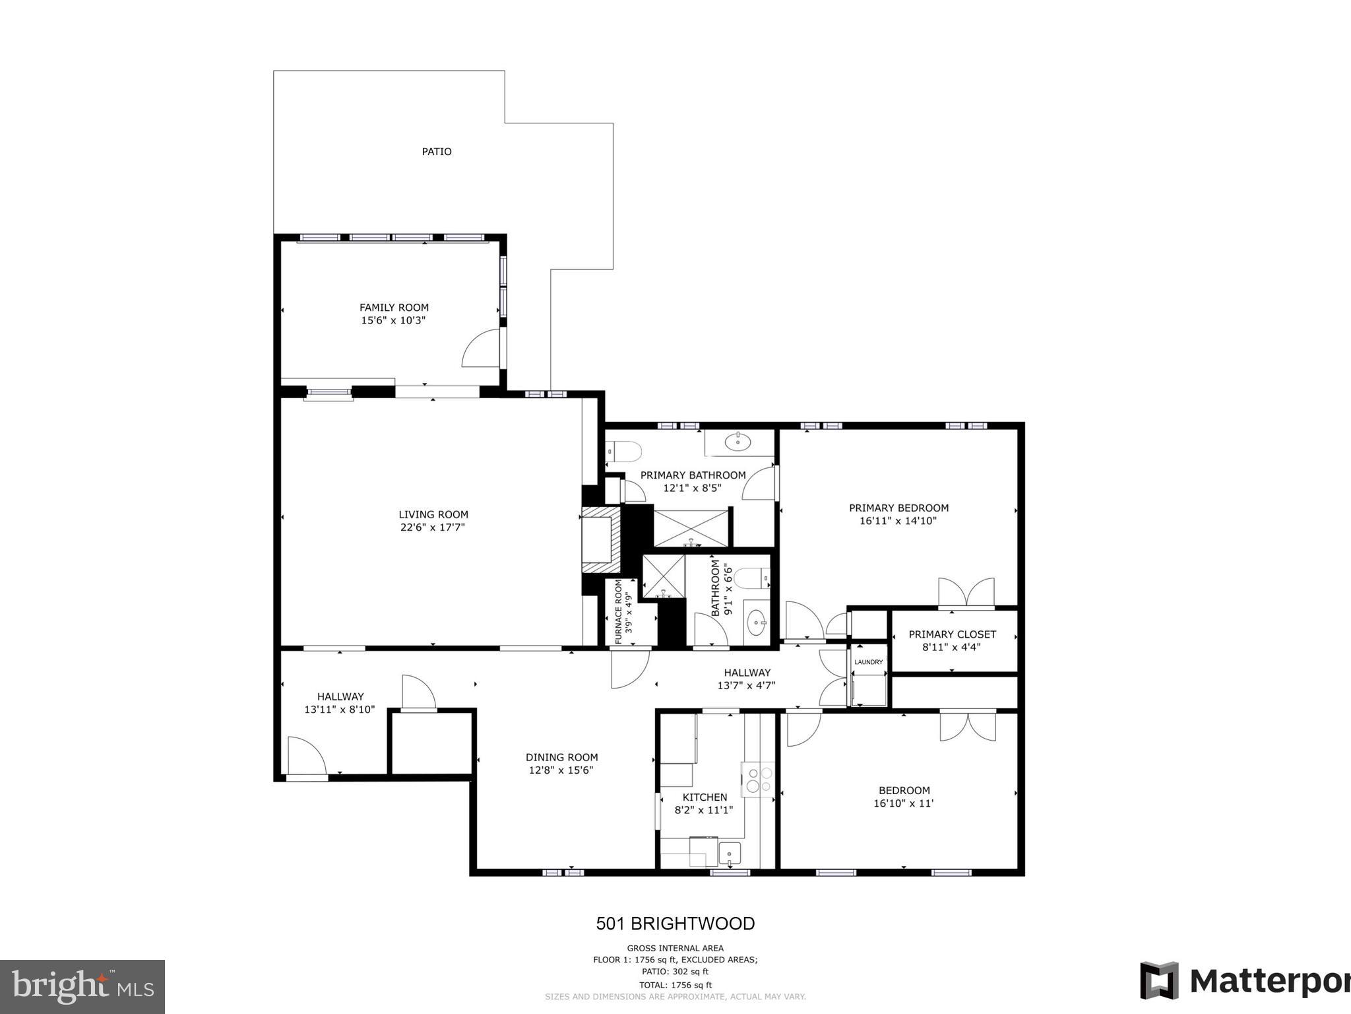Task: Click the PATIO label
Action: click(x=437, y=152)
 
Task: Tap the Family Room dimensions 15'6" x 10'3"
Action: click(x=393, y=321)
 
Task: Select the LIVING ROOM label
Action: click(x=433, y=515)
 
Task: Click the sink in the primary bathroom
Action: click(x=738, y=442)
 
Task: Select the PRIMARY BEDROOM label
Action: click(x=898, y=508)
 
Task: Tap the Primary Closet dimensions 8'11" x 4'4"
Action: click(x=951, y=648)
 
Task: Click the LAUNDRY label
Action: click(x=868, y=662)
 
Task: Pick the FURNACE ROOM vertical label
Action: click(x=618, y=611)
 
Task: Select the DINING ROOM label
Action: click(x=561, y=758)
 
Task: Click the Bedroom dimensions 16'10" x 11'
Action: click(x=903, y=803)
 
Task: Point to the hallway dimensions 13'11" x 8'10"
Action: click(x=339, y=710)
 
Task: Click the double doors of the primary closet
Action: click(x=966, y=593)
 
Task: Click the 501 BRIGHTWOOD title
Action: click(x=675, y=924)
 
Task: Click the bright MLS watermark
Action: click(x=82, y=987)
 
